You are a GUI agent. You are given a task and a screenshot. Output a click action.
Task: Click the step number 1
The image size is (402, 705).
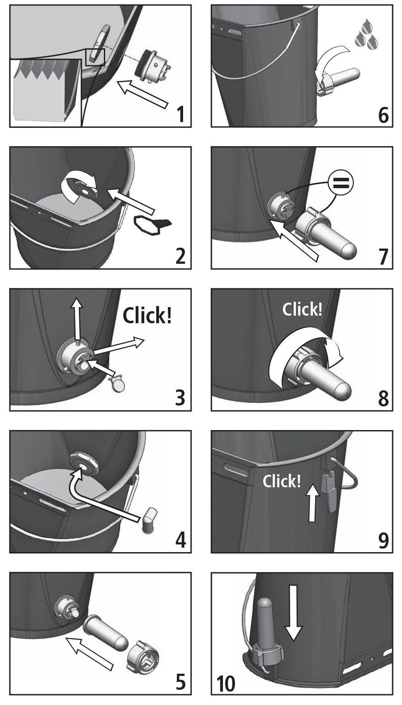click(x=180, y=114)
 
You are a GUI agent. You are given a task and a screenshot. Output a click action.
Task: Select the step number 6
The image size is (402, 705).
click(x=383, y=115)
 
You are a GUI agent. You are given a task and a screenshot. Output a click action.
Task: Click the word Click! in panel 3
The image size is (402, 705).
click(x=147, y=315)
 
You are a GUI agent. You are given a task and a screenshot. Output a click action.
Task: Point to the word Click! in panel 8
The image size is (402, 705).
click(x=303, y=309)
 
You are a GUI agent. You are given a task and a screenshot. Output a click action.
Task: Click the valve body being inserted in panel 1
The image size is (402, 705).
click(x=153, y=68)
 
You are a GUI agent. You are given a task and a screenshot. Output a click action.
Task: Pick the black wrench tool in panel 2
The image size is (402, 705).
click(x=153, y=224)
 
